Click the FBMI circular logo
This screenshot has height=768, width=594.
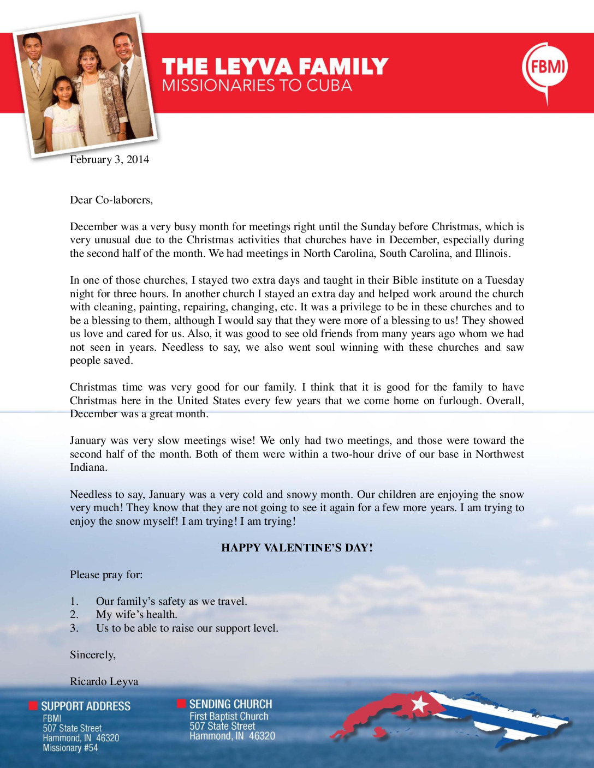click(x=545, y=67)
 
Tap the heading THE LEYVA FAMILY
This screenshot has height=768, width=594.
click(x=275, y=67)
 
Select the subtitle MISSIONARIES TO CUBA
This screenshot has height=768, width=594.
click(x=257, y=86)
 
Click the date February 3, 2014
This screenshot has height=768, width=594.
click(x=109, y=159)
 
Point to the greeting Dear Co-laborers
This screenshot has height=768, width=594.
click(x=111, y=200)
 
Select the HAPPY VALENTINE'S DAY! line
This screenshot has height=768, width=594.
click(x=297, y=548)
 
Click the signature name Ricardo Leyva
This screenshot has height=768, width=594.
click(x=104, y=681)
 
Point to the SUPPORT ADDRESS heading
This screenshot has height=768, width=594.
click(x=86, y=706)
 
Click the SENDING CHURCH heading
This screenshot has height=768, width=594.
click(x=230, y=704)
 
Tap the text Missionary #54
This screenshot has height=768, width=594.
click(x=70, y=748)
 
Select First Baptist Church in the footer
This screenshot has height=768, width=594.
click(x=229, y=716)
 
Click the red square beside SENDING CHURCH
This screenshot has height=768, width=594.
click(x=181, y=704)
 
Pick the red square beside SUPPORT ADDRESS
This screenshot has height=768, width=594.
click(x=33, y=706)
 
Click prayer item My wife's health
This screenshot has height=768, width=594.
click(x=136, y=614)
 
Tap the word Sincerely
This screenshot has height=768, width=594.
click(x=92, y=655)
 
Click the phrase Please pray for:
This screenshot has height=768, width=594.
click(x=106, y=574)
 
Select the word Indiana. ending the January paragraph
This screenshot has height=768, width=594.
click(x=88, y=467)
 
